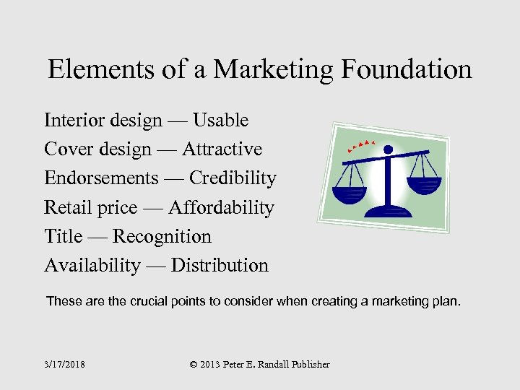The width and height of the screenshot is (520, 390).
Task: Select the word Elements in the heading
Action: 95,70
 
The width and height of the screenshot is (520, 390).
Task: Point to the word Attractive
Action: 222,149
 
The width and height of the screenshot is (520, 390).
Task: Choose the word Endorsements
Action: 101,178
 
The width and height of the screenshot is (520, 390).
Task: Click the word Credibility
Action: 233,178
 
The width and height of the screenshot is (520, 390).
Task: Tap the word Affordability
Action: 222,208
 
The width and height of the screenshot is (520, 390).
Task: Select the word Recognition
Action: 162,237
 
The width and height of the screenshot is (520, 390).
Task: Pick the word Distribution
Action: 220,266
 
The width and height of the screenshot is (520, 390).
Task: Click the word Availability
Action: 92,266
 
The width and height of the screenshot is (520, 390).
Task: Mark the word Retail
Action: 65,208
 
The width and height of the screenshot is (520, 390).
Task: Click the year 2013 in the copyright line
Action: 214,365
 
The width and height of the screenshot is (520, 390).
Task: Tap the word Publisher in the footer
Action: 306,365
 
